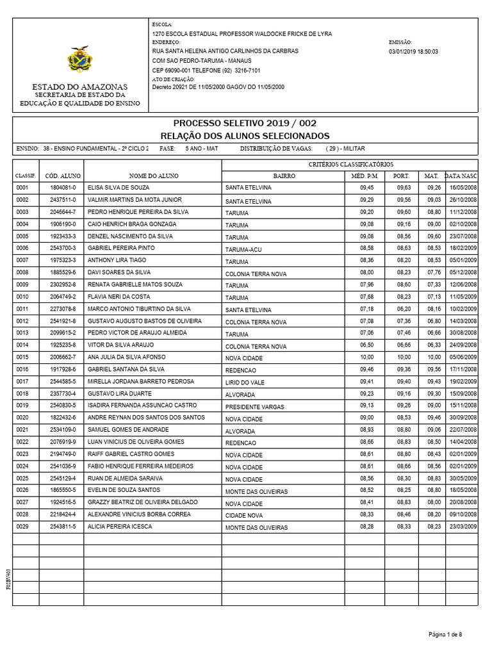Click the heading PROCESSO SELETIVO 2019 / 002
(x=245, y=123)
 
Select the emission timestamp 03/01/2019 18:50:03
(x=413, y=51)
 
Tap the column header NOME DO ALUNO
(x=153, y=175)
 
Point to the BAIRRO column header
(x=284, y=175)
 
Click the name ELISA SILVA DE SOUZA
(x=119, y=188)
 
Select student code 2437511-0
(x=62, y=200)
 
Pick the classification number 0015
(x=22, y=357)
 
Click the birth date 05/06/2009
(x=463, y=357)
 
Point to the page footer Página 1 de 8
(x=445, y=634)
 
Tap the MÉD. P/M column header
(x=365, y=175)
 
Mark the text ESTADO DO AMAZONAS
(x=80, y=86)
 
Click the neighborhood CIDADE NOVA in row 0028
(x=244, y=515)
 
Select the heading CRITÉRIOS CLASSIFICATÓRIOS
(x=351, y=164)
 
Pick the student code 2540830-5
(x=62, y=406)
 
